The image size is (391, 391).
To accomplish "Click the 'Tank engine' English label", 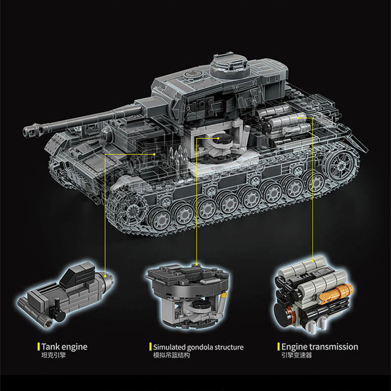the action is click(64, 347).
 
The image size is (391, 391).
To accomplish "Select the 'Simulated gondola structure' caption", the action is click(198, 347).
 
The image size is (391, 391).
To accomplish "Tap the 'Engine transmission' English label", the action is click(320, 347).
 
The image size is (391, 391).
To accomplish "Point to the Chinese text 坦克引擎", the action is click(54, 355).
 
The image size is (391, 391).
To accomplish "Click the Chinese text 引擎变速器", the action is click(297, 355).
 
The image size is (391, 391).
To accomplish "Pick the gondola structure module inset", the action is click(188, 295).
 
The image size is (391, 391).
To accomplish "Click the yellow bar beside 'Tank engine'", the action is click(39, 347).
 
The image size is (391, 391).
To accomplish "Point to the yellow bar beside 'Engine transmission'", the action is click(279, 347).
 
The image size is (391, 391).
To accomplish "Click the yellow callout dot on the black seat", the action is click(218, 138).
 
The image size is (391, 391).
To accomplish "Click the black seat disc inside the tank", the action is click(224, 139).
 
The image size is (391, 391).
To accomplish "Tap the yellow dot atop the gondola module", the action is click(197, 264).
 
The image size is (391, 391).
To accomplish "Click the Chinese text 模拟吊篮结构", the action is click(171, 355).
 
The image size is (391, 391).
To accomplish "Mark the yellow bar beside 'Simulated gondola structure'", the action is click(150, 347).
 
